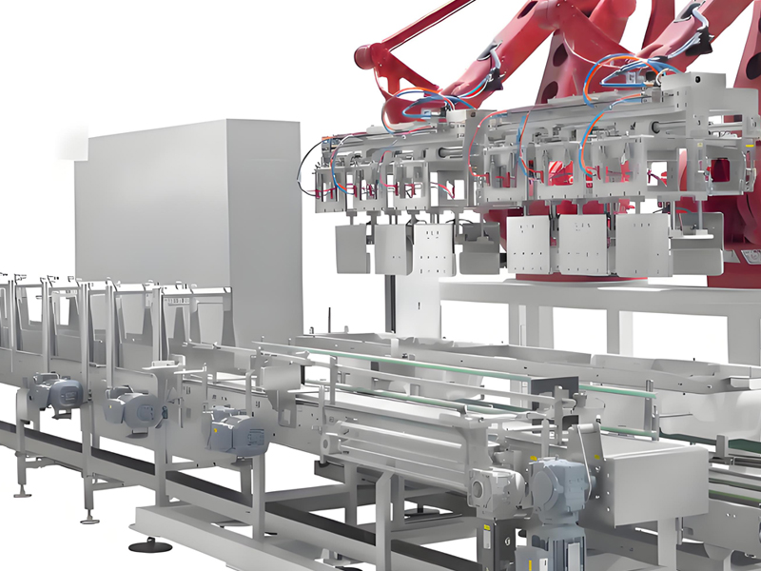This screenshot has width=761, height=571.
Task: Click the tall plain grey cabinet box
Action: click(190, 219)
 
